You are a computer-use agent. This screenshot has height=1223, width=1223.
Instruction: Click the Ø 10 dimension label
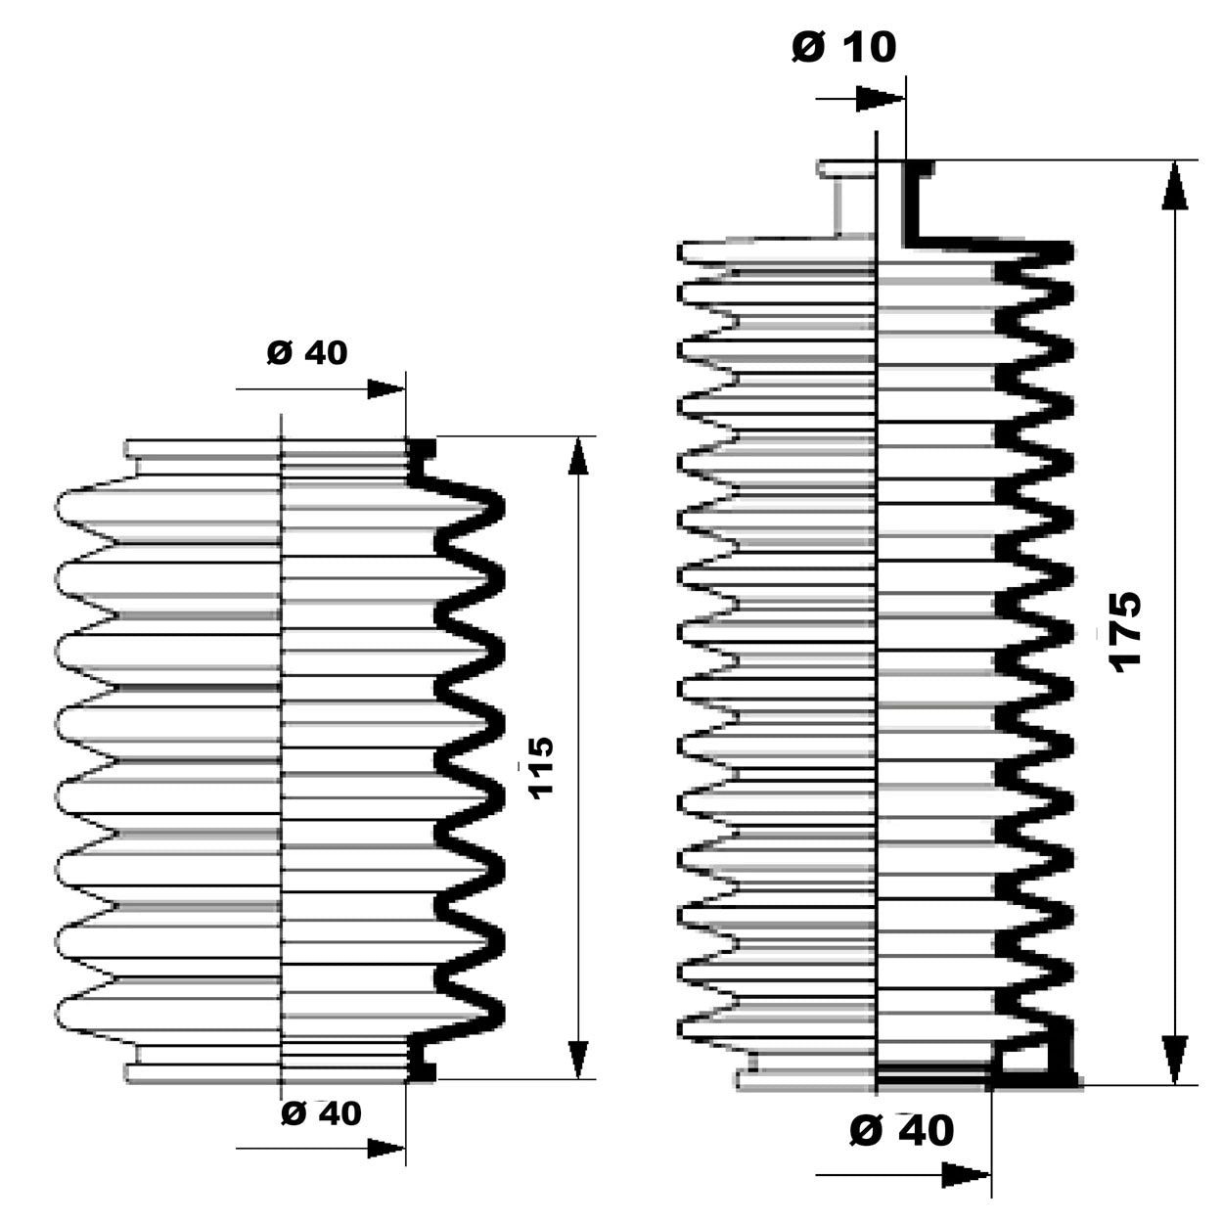843,46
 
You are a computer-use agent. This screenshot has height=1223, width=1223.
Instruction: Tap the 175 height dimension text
1126,630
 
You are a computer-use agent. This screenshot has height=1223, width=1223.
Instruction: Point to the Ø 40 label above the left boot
307,352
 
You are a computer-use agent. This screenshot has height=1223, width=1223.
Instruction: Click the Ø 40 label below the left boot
321,1112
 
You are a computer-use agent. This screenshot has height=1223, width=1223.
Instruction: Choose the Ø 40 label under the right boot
901,1131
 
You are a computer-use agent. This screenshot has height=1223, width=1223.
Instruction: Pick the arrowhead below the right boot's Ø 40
965,1175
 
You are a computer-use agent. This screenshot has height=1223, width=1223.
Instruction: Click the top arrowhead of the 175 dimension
1174,186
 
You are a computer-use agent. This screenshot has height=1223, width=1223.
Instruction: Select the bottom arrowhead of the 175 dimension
1174,1060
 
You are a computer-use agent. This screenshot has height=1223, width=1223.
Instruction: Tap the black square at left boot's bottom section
422,1071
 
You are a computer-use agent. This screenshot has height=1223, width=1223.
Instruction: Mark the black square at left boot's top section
422,450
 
